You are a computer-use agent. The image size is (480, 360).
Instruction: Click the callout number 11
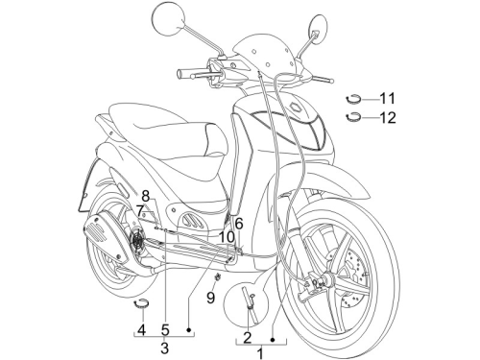387,98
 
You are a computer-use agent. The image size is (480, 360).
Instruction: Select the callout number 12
388,118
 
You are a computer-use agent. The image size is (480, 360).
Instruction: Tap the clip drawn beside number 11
353,99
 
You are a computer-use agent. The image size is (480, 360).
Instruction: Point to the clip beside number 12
353,117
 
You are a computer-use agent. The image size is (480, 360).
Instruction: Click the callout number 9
210,298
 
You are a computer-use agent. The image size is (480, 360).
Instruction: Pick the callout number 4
141,329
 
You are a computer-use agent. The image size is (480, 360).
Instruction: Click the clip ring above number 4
141,303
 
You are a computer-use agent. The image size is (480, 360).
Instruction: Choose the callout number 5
165,329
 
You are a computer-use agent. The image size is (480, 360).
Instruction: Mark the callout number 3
164,348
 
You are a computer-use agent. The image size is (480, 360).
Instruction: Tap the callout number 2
248,337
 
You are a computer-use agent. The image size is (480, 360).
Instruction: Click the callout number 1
261,354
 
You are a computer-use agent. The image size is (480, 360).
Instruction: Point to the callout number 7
140,211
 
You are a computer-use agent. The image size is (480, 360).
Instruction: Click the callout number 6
239,224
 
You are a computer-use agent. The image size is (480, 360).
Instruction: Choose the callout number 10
227,237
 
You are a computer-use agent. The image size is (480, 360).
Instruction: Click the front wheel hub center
327,278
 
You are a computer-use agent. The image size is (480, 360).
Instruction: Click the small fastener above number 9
218,277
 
